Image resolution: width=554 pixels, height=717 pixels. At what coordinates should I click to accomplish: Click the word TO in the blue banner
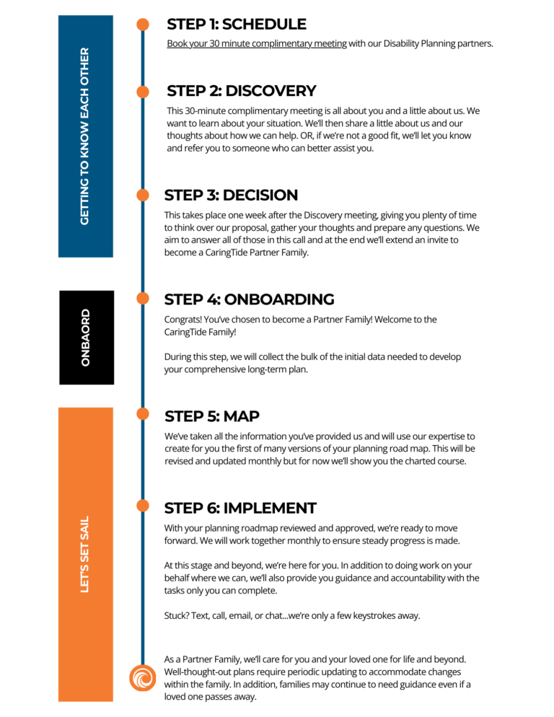[85, 170]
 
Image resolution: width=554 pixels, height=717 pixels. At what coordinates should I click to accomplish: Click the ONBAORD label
[86, 338]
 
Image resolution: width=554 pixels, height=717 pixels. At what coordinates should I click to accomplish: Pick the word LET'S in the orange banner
[85, 579]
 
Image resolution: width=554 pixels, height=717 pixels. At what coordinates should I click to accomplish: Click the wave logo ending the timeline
[143, 678]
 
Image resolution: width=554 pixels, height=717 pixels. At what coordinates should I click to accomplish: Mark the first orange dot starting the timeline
[143, 25]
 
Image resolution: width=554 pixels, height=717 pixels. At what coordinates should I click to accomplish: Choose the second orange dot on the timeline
[143, 92]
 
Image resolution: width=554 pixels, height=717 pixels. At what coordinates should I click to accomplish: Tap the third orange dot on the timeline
[143, 195]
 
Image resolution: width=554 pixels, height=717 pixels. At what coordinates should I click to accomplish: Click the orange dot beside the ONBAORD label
[143, 298]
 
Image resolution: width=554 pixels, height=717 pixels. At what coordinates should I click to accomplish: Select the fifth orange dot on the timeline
[143, 413]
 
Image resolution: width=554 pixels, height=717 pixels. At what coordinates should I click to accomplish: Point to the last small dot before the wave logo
[143, 506]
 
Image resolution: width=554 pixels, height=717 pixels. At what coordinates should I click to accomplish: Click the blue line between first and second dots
[143, 58]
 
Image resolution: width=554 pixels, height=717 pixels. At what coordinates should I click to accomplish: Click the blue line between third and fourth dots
[143, 247]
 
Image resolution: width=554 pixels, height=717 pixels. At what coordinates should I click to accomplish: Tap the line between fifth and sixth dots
[143, 459]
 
